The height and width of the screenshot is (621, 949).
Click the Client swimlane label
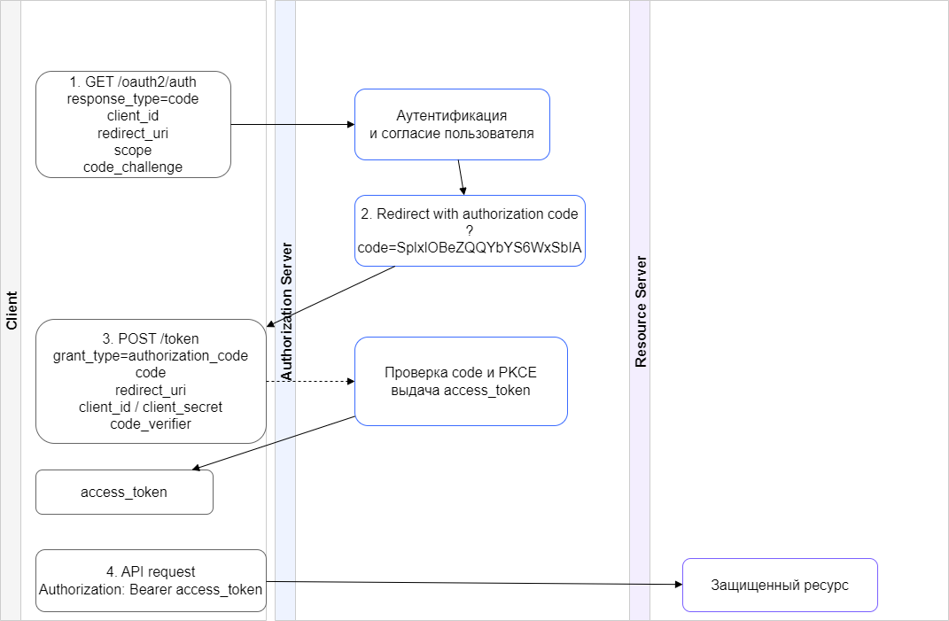pyautogui.click(x=12, y=310)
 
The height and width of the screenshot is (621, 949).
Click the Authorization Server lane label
pyautogui.click(x=285, y=311)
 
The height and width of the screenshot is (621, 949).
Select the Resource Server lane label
pyautogui.click(x=641, y=311)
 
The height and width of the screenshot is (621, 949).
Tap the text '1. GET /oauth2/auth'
pyautogui.click(x=133, y=82)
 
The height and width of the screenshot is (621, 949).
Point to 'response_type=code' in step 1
pyautogui.click(x=133, y=99)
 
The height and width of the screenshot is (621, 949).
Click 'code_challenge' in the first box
pyautogui.click(x=133, y=167)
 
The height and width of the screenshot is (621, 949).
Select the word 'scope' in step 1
pyautogui.click(x=133, y=150)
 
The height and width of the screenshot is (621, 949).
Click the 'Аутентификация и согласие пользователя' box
pyautogui.click(x=452, y=125)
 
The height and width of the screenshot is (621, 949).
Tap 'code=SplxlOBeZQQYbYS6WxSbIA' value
pyautogui.click(x=470, y=249)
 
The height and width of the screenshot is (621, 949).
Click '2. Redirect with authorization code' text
pyautogui.click(x=470, y=214)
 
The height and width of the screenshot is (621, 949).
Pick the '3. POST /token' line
pyautogui.click(x=151, y=338)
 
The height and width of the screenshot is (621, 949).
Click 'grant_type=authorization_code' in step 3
pyautogui.click(x=151, y=356)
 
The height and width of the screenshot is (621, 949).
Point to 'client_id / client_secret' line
pyautogui.click(x=151, y=407)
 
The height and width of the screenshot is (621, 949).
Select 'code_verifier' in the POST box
pyautogui.click(x=151, y=424)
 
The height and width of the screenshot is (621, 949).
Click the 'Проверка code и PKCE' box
pyautogui.click(x=461, y=381)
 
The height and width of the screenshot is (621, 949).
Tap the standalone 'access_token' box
pyautogui.click(x=124, y=492)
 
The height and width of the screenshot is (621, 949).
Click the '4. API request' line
pyautogui.click(x=151, y=571)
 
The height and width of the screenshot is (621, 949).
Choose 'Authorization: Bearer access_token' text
pyautogui.click(x=151, y=589)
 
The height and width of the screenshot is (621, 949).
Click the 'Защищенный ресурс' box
pyautogui.click(x=780, y=586)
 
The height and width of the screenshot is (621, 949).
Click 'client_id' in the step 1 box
pyautogui.click(x=133, y=116)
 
